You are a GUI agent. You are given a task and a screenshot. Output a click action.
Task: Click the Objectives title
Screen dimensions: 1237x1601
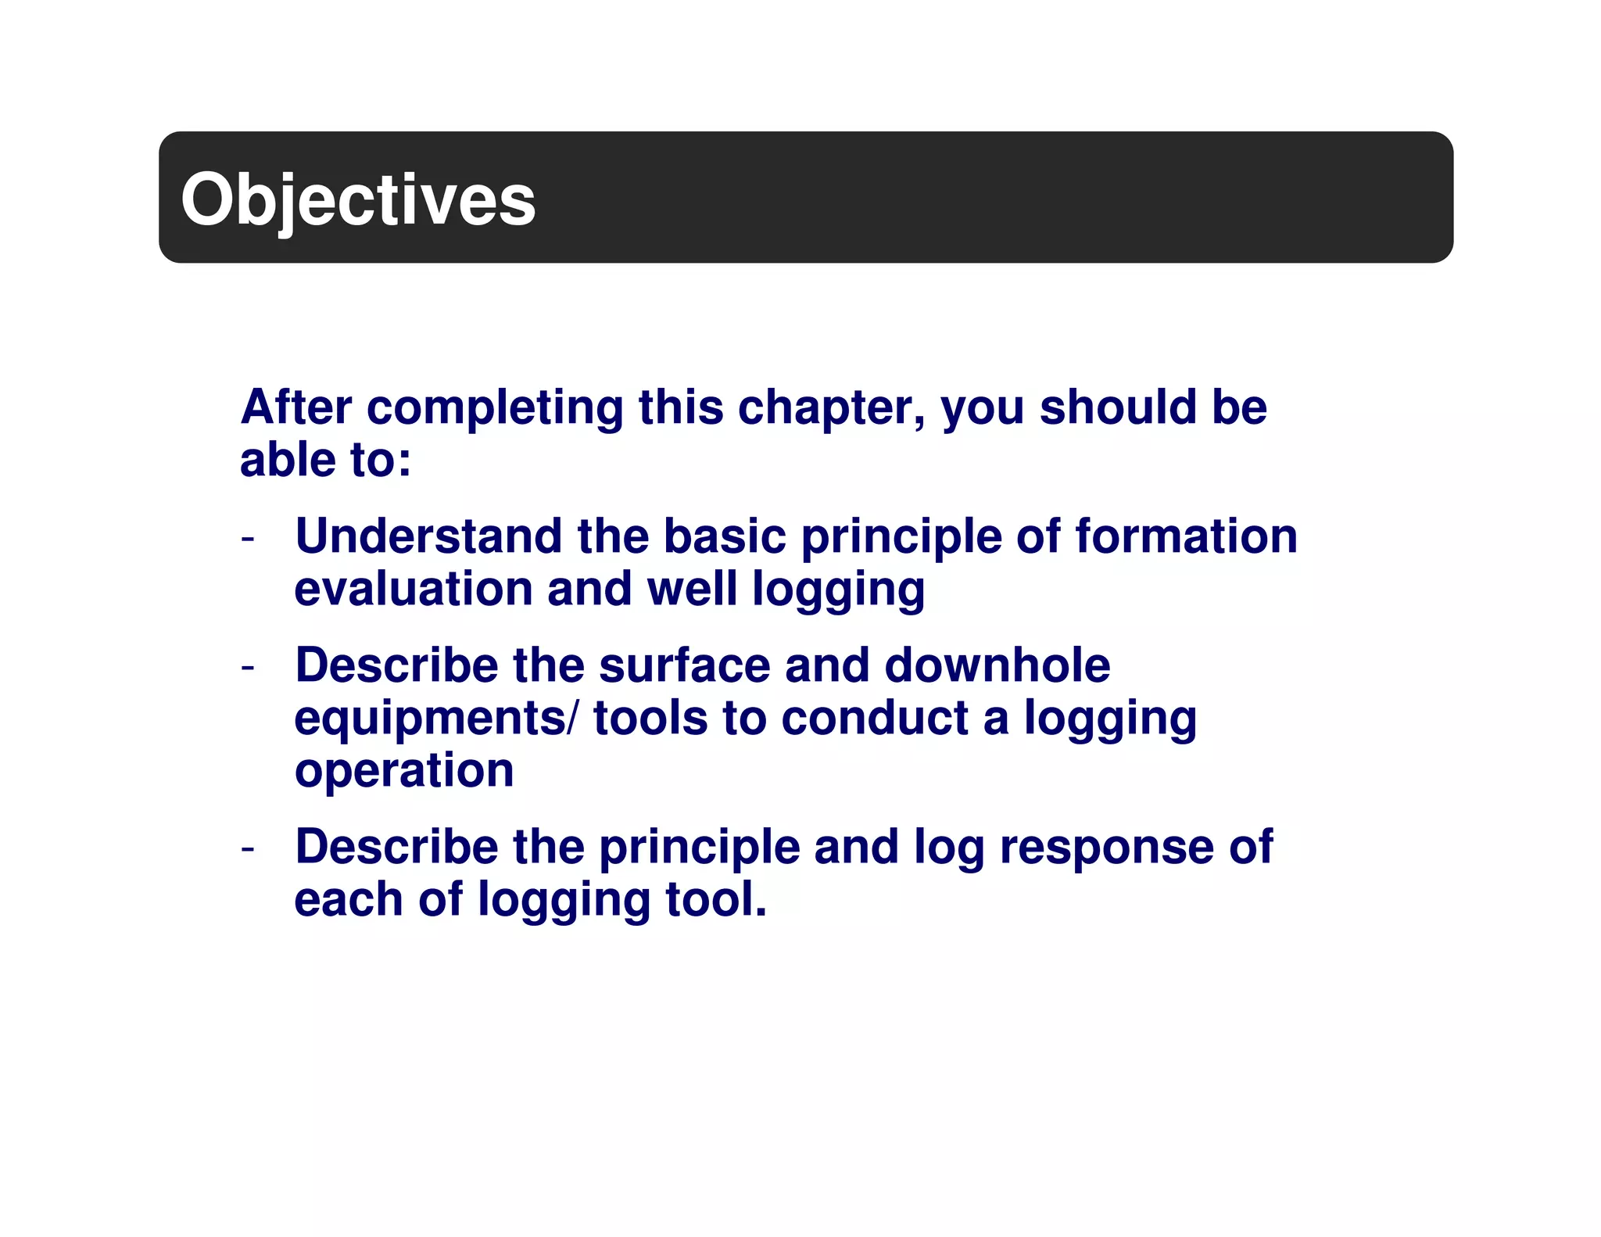point(358,200)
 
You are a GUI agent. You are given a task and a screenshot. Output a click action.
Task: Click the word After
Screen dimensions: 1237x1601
point(296,407)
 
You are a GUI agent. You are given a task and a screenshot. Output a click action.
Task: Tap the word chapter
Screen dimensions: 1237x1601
point(831,409)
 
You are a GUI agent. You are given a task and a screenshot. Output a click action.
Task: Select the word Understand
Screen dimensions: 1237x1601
point(428,537)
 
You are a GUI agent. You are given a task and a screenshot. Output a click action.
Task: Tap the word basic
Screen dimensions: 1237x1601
point(725,537)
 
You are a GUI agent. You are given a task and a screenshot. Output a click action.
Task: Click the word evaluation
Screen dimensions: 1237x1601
point(414,589)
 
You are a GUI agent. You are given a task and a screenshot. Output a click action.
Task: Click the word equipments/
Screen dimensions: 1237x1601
point(437,719)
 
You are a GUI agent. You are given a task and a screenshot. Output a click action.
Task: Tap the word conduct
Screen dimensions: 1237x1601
point(875,718)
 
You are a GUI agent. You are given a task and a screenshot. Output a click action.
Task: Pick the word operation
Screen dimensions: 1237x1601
point(404,772)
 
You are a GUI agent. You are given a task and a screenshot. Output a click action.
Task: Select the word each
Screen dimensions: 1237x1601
point(348,899)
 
